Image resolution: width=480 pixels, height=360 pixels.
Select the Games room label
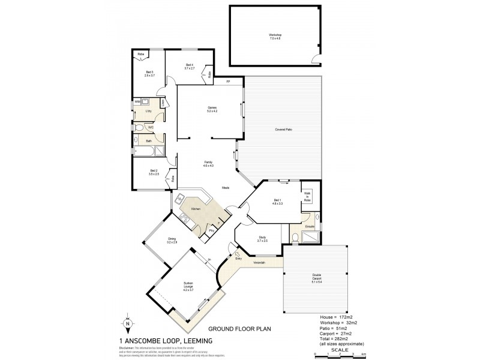tap(212, 109)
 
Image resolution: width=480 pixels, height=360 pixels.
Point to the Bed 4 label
tap(189, 66)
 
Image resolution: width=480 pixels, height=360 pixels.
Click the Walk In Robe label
tap(307, 196)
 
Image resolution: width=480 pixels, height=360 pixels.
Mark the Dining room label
tap(172, 240)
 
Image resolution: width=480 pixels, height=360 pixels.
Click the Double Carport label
tap(316, 278)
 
